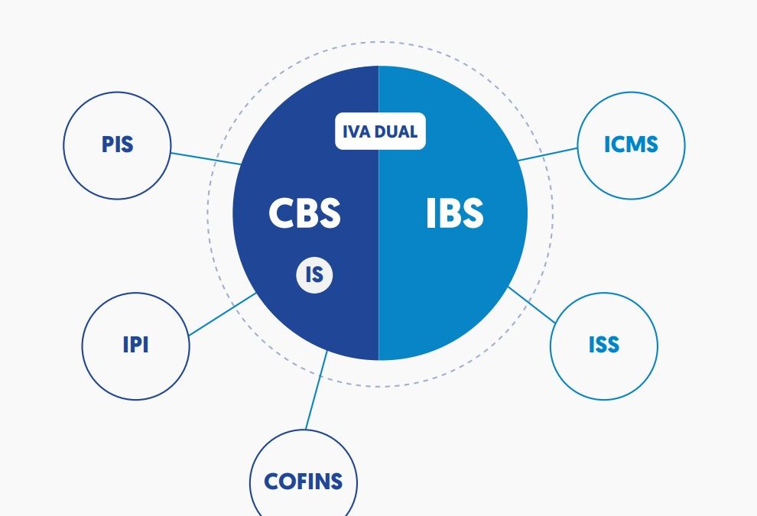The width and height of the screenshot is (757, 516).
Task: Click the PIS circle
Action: pyautogui.click(x=116, y=146)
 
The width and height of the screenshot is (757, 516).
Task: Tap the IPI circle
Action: pyautogui.click(x=135, y=346)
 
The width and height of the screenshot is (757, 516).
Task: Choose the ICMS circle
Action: pyautogui.click(x=631, y=145)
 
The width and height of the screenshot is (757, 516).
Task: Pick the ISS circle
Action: pyautogui.click(x=603, y=346)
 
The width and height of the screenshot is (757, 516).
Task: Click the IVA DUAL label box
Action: pyautogui.click(x=380, y=131)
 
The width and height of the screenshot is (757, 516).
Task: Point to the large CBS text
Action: pyautogui.click(x=304, y=213)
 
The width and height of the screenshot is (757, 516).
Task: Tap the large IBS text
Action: pyautogui.click(x=454, y=213)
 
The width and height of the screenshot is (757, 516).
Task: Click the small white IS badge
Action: pyautogui.click(x=314, y=274)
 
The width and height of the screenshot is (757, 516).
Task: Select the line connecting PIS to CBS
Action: pyautogui.click(x=205, y=158)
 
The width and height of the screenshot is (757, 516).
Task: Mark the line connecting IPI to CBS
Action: pyautogui.click(x=222, y=314)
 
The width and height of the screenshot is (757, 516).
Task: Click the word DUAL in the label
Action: pyautogui.click(x=396, y=131)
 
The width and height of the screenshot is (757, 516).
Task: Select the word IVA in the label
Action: pyautogui.click(x=357, y=131)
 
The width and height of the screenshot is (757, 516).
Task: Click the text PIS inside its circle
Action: pyautogui.click(x=116, y=145)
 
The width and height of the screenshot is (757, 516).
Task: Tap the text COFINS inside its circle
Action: pyautogui.click(x=304, y=482)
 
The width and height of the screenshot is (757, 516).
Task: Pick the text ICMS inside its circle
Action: pyautogui.click(x=631, y=145)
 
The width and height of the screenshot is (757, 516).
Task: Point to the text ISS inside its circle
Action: pyautogui.click(x=603, y=346)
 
